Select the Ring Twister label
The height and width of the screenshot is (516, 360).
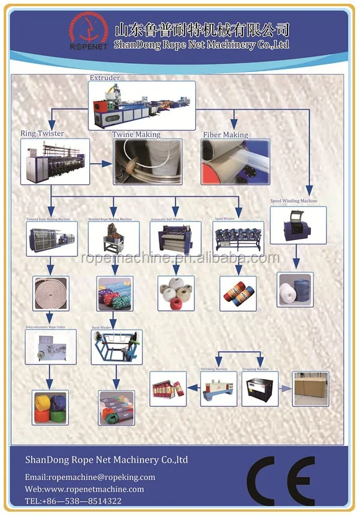(x=42, y=133)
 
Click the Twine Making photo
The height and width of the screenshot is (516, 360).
(x=147, y=162)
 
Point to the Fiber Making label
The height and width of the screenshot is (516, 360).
(x=226, y=135)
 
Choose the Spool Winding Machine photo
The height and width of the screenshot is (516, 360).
(x=297, y=225)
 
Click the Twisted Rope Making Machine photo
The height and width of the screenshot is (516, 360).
(x=51, y=239)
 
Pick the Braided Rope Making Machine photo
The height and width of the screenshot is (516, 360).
(x=113, y=239)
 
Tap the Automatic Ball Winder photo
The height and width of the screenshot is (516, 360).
(x=175, y=239)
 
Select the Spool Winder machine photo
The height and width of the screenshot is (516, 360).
(x=239, y=239)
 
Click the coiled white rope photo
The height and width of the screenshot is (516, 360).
(x=50, y=293)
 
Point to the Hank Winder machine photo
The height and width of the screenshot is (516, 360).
(x=116, y=347)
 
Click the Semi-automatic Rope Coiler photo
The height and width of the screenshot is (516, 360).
(x=50, y=347)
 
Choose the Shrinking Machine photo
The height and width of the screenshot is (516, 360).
(x=218, y=389)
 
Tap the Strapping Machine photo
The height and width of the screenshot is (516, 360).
(x=260, y=389)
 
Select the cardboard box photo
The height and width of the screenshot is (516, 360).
(x=310, y=389)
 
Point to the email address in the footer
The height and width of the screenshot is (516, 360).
(x=90, y=477)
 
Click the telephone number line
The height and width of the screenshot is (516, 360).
(x=73, y=500)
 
